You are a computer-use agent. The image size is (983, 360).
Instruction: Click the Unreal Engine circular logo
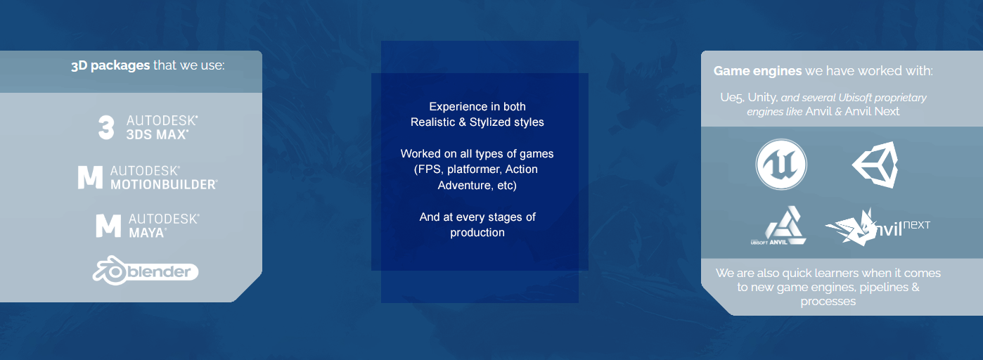(x=781, y=165)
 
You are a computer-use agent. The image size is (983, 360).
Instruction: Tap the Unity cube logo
(x=875, y=165)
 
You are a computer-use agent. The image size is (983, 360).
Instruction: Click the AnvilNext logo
(x=878, y=227)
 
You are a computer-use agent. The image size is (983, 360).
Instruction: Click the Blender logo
(x=146, y=271)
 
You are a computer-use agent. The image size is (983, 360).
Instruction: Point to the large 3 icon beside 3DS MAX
(x=106, y=127)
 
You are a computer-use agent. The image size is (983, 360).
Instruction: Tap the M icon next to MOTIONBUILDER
(x=90, y=177)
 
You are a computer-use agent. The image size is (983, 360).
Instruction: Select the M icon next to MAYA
(x=108, y=226)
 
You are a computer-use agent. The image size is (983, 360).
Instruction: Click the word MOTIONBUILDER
(x=164, y=185)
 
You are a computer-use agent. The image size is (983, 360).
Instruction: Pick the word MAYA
(x=147, y=233)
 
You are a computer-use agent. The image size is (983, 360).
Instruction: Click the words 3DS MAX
(x=157, y=134)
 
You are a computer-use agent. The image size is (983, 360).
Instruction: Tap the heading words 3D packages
(x=110, y=65)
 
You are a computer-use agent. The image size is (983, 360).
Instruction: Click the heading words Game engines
(x=757, y=71)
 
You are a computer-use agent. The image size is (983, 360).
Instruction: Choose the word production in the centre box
(x=477, y=233)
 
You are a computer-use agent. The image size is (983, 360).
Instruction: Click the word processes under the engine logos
(x=828, y=302)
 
